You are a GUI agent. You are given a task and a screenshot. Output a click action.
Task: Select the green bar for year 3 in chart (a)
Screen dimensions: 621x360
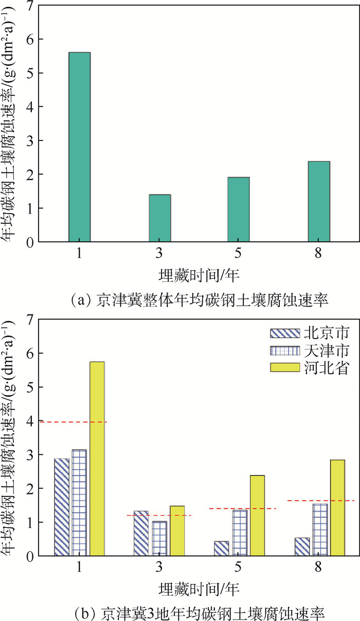click(x=160, y=218)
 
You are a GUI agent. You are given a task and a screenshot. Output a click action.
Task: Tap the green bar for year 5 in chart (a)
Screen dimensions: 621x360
click(x=239, y=209)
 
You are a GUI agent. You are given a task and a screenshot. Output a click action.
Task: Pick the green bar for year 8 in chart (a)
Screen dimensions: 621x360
click(x=319, y=201)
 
